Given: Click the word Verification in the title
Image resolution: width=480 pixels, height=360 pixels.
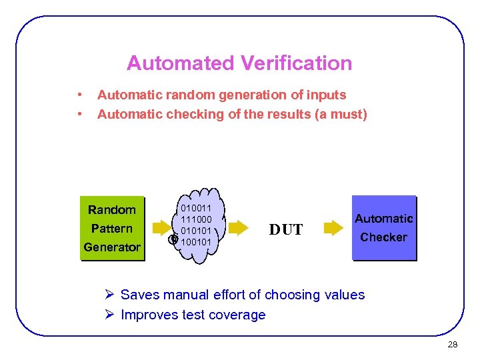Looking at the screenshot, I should point(296,63).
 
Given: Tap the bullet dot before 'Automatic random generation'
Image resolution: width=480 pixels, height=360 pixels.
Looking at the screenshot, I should point(79,95).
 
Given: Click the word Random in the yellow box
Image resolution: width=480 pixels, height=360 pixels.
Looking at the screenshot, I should point(112,210).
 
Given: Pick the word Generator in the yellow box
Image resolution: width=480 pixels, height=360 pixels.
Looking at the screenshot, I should point(112,247).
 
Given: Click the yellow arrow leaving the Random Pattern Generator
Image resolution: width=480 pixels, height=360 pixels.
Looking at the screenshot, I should point(161,229).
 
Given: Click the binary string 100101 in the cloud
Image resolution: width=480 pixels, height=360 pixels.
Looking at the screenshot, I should point(196,241).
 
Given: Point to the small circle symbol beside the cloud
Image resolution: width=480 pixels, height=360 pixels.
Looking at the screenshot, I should point(173,239).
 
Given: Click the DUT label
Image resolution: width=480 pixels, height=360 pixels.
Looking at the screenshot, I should point(286,230).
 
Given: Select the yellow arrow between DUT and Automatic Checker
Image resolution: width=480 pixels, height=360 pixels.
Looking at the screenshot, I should point(333,229).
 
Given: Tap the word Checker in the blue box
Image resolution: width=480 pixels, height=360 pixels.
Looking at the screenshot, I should point(383,237).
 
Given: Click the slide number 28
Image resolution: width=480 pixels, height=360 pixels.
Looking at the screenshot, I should point(453,345).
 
